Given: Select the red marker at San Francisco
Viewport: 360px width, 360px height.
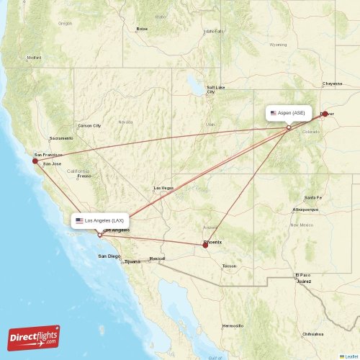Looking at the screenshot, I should tap(35, 161).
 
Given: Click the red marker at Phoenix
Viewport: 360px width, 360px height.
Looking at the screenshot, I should tap(205, 246).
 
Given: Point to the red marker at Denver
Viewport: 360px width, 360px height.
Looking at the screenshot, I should tap(324, 114).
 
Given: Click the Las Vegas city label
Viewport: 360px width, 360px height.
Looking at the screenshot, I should tap(163, 188).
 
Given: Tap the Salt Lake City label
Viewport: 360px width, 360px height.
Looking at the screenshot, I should tap(215, 89).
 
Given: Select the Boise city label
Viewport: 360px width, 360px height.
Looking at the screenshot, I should tap(142, 29).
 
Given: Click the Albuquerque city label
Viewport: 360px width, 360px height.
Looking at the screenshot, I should tap(304, 210).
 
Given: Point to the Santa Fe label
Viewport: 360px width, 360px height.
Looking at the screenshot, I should tap(313, 197).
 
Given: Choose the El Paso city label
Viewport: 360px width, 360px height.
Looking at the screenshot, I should tap(302, 275).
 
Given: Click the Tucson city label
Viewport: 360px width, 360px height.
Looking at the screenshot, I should tap(229, 266).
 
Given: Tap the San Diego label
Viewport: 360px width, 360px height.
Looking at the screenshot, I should tap(110, 256).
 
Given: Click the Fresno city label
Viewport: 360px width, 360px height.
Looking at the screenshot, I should tap(84, 176).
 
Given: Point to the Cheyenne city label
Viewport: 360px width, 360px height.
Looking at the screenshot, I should tap(333, 84).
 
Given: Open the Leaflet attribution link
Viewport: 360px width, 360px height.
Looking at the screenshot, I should tap(350, 356).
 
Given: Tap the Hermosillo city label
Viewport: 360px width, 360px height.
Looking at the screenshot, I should tap(233, 325).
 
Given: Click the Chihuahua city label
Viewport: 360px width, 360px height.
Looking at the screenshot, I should tap(312, 334).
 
